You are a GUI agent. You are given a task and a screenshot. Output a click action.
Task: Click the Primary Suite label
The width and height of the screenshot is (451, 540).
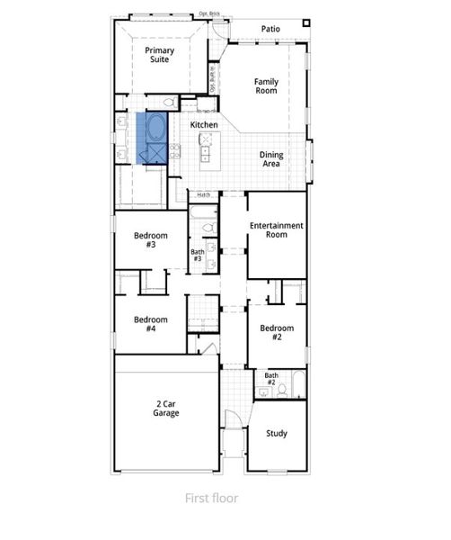pos(163,55)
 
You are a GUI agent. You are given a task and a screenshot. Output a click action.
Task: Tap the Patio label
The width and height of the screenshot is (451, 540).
pos(270,29)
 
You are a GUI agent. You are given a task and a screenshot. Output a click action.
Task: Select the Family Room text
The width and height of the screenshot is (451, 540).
pos(266,86)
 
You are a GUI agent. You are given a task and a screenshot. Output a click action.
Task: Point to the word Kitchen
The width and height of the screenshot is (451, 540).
pos(204,123)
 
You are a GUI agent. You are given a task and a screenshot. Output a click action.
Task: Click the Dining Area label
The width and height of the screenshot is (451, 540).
pos(271,159)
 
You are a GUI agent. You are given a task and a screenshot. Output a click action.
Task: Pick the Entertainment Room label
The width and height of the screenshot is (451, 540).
pos(277,229)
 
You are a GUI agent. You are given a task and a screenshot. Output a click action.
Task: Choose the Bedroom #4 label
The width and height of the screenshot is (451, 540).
pos(151,324)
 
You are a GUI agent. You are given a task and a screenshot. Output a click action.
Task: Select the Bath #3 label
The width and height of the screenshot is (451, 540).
pos(198,256)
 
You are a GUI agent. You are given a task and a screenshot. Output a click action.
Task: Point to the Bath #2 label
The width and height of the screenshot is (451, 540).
pos(270,378)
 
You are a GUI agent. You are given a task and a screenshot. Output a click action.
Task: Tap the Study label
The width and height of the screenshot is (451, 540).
pos(277,434)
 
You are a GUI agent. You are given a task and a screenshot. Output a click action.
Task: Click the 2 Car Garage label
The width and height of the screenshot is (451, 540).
pos(165,409)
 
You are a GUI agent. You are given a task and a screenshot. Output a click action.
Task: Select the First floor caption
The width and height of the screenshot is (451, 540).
pos(211,498)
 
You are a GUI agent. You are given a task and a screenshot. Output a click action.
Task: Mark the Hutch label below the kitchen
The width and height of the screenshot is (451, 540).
pos(204,194)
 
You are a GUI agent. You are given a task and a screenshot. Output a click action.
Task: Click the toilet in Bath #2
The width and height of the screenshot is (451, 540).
pos(281,390)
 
